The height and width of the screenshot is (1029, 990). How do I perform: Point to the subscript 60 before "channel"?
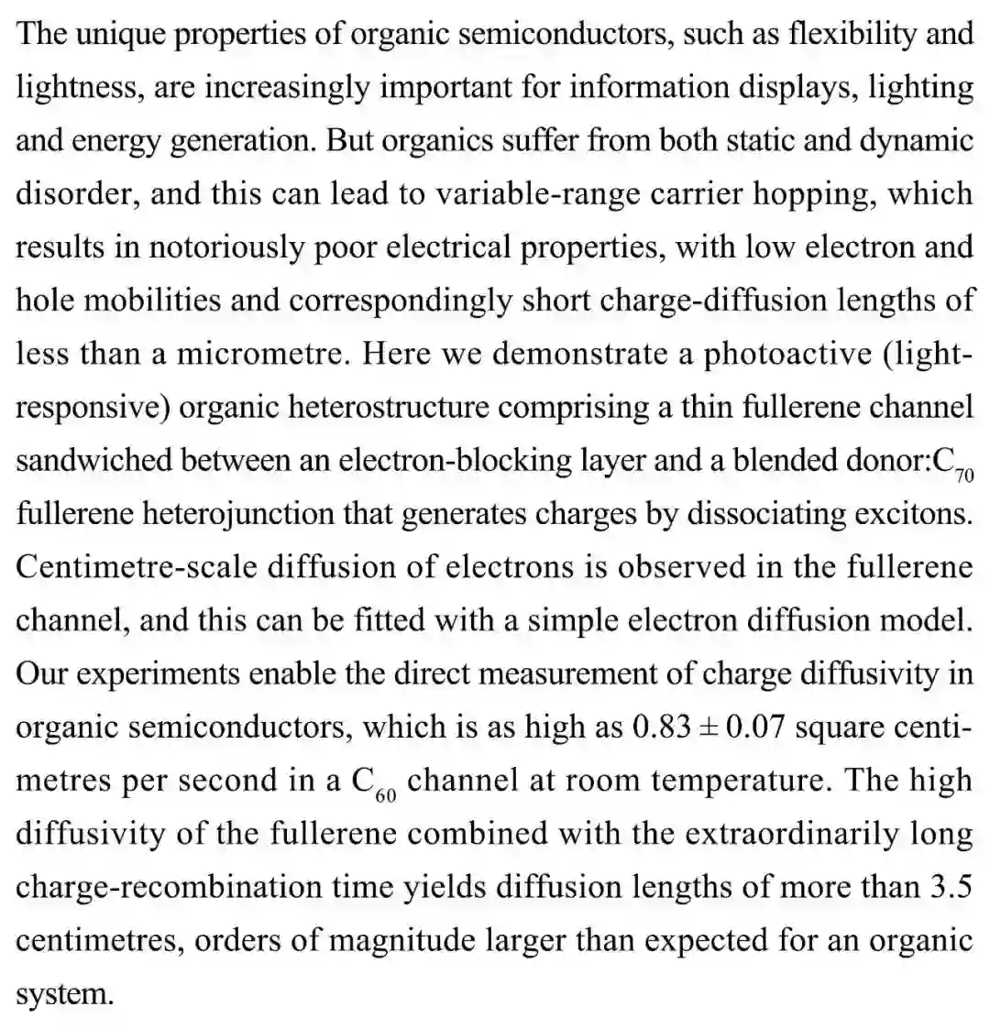385,794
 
